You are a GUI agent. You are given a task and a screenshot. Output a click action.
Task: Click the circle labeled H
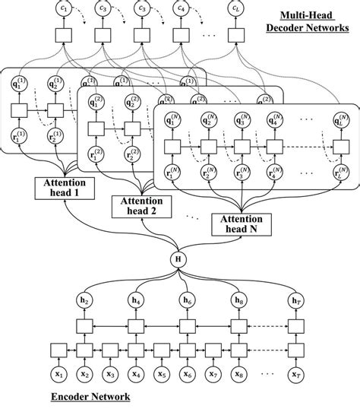[180, 260]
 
